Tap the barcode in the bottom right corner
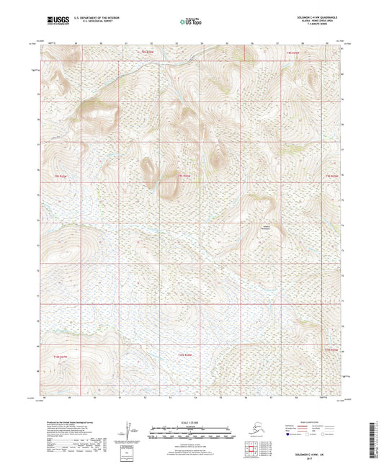[x=376, y=437]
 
